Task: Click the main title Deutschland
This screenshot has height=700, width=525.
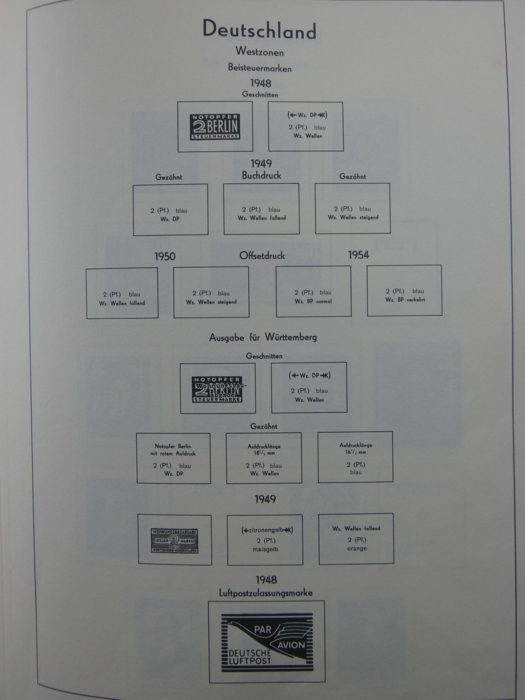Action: (259, 30)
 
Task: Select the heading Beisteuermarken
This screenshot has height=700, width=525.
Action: (259, 67)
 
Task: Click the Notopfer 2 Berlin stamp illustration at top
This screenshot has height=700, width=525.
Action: (215, 127)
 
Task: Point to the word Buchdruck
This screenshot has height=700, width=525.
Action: (261, 175)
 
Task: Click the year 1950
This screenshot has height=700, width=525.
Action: (165, 256)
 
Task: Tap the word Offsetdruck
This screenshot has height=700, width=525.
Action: (262, 255)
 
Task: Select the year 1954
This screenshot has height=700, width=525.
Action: (358, 255)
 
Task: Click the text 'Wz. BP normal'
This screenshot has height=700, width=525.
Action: (313, 301)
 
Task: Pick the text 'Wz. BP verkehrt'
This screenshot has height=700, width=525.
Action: (405, 300)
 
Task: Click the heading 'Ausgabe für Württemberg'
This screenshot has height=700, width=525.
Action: (263, 337)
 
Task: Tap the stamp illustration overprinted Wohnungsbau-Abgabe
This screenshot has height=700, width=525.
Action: (217, 389)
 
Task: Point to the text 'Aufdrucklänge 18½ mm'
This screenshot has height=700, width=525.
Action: (264, 450)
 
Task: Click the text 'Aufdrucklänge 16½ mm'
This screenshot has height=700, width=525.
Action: (355, 448)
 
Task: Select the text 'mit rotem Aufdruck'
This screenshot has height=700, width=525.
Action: (173, 453)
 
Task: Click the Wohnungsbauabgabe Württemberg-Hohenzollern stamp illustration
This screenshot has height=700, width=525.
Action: (174, 541)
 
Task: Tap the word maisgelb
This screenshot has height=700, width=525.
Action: (265, 549)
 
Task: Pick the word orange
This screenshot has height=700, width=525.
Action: (357, 548)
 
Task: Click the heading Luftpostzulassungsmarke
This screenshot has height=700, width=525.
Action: (265, 593)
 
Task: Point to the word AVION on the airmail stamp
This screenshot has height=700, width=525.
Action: (291, 645)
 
